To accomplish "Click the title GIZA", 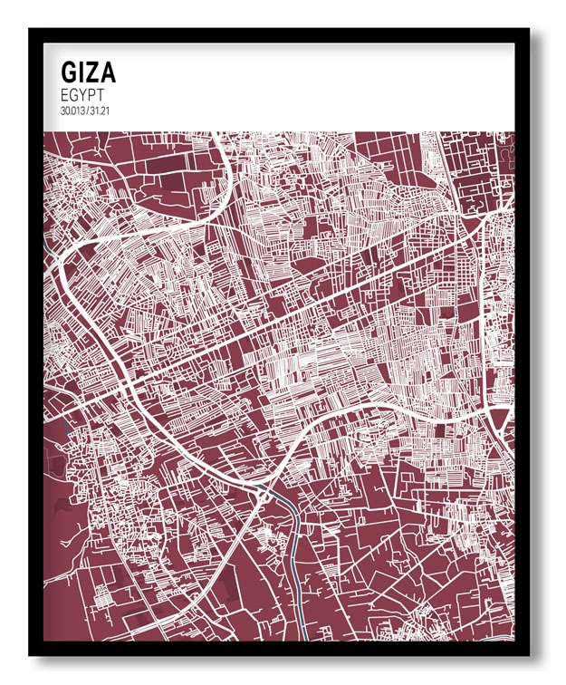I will pos(88,72).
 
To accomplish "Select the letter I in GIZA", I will pos(82,72).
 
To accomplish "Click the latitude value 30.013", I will pos(71,110).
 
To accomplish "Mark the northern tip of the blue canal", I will pos(260,490).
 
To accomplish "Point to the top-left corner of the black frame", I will pos(31,30).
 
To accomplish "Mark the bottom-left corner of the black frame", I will pos(31,654).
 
